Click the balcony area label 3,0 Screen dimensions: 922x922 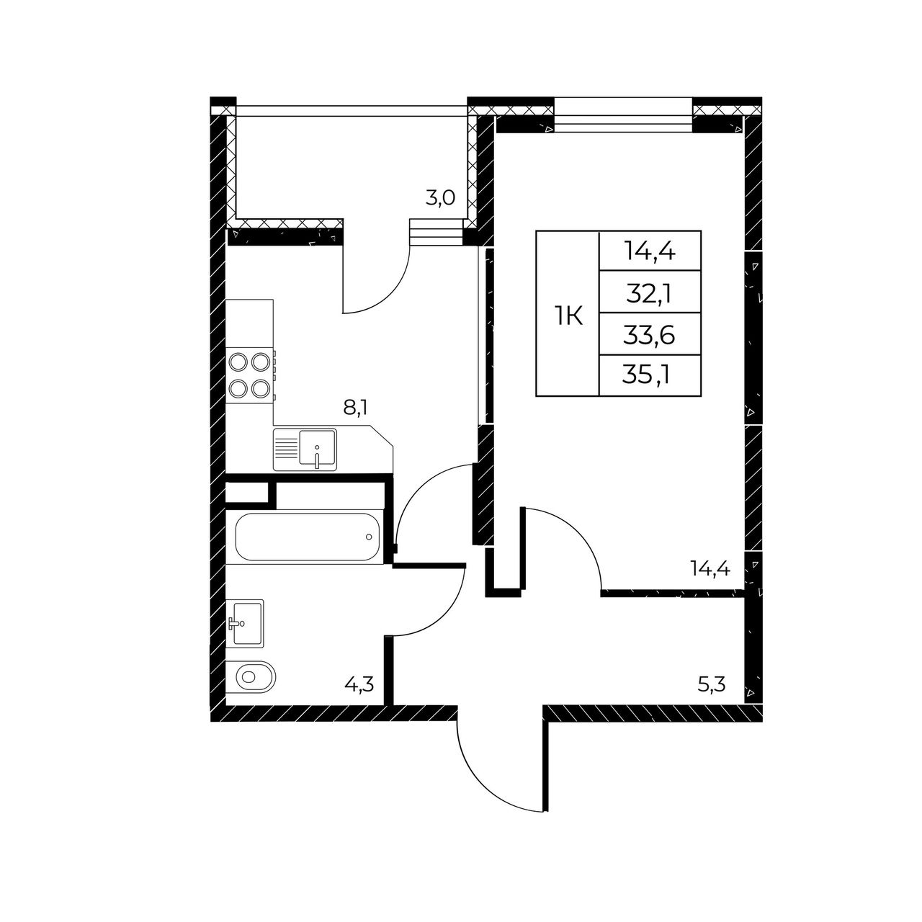pos(439,197)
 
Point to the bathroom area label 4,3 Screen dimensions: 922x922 pos(359,685)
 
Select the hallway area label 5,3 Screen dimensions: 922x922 pos(712,685)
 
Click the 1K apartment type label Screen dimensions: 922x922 pos(569,317)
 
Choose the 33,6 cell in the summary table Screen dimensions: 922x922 pos(649,336)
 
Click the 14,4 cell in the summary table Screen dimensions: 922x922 pos(650,251)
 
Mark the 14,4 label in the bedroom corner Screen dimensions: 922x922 pos(710,568)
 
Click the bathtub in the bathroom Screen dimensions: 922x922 pos(308,537)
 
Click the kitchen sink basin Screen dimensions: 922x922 pos(317,447)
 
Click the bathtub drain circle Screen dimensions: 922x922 pos(369,537)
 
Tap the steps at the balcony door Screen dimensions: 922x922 pos(437,231)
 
